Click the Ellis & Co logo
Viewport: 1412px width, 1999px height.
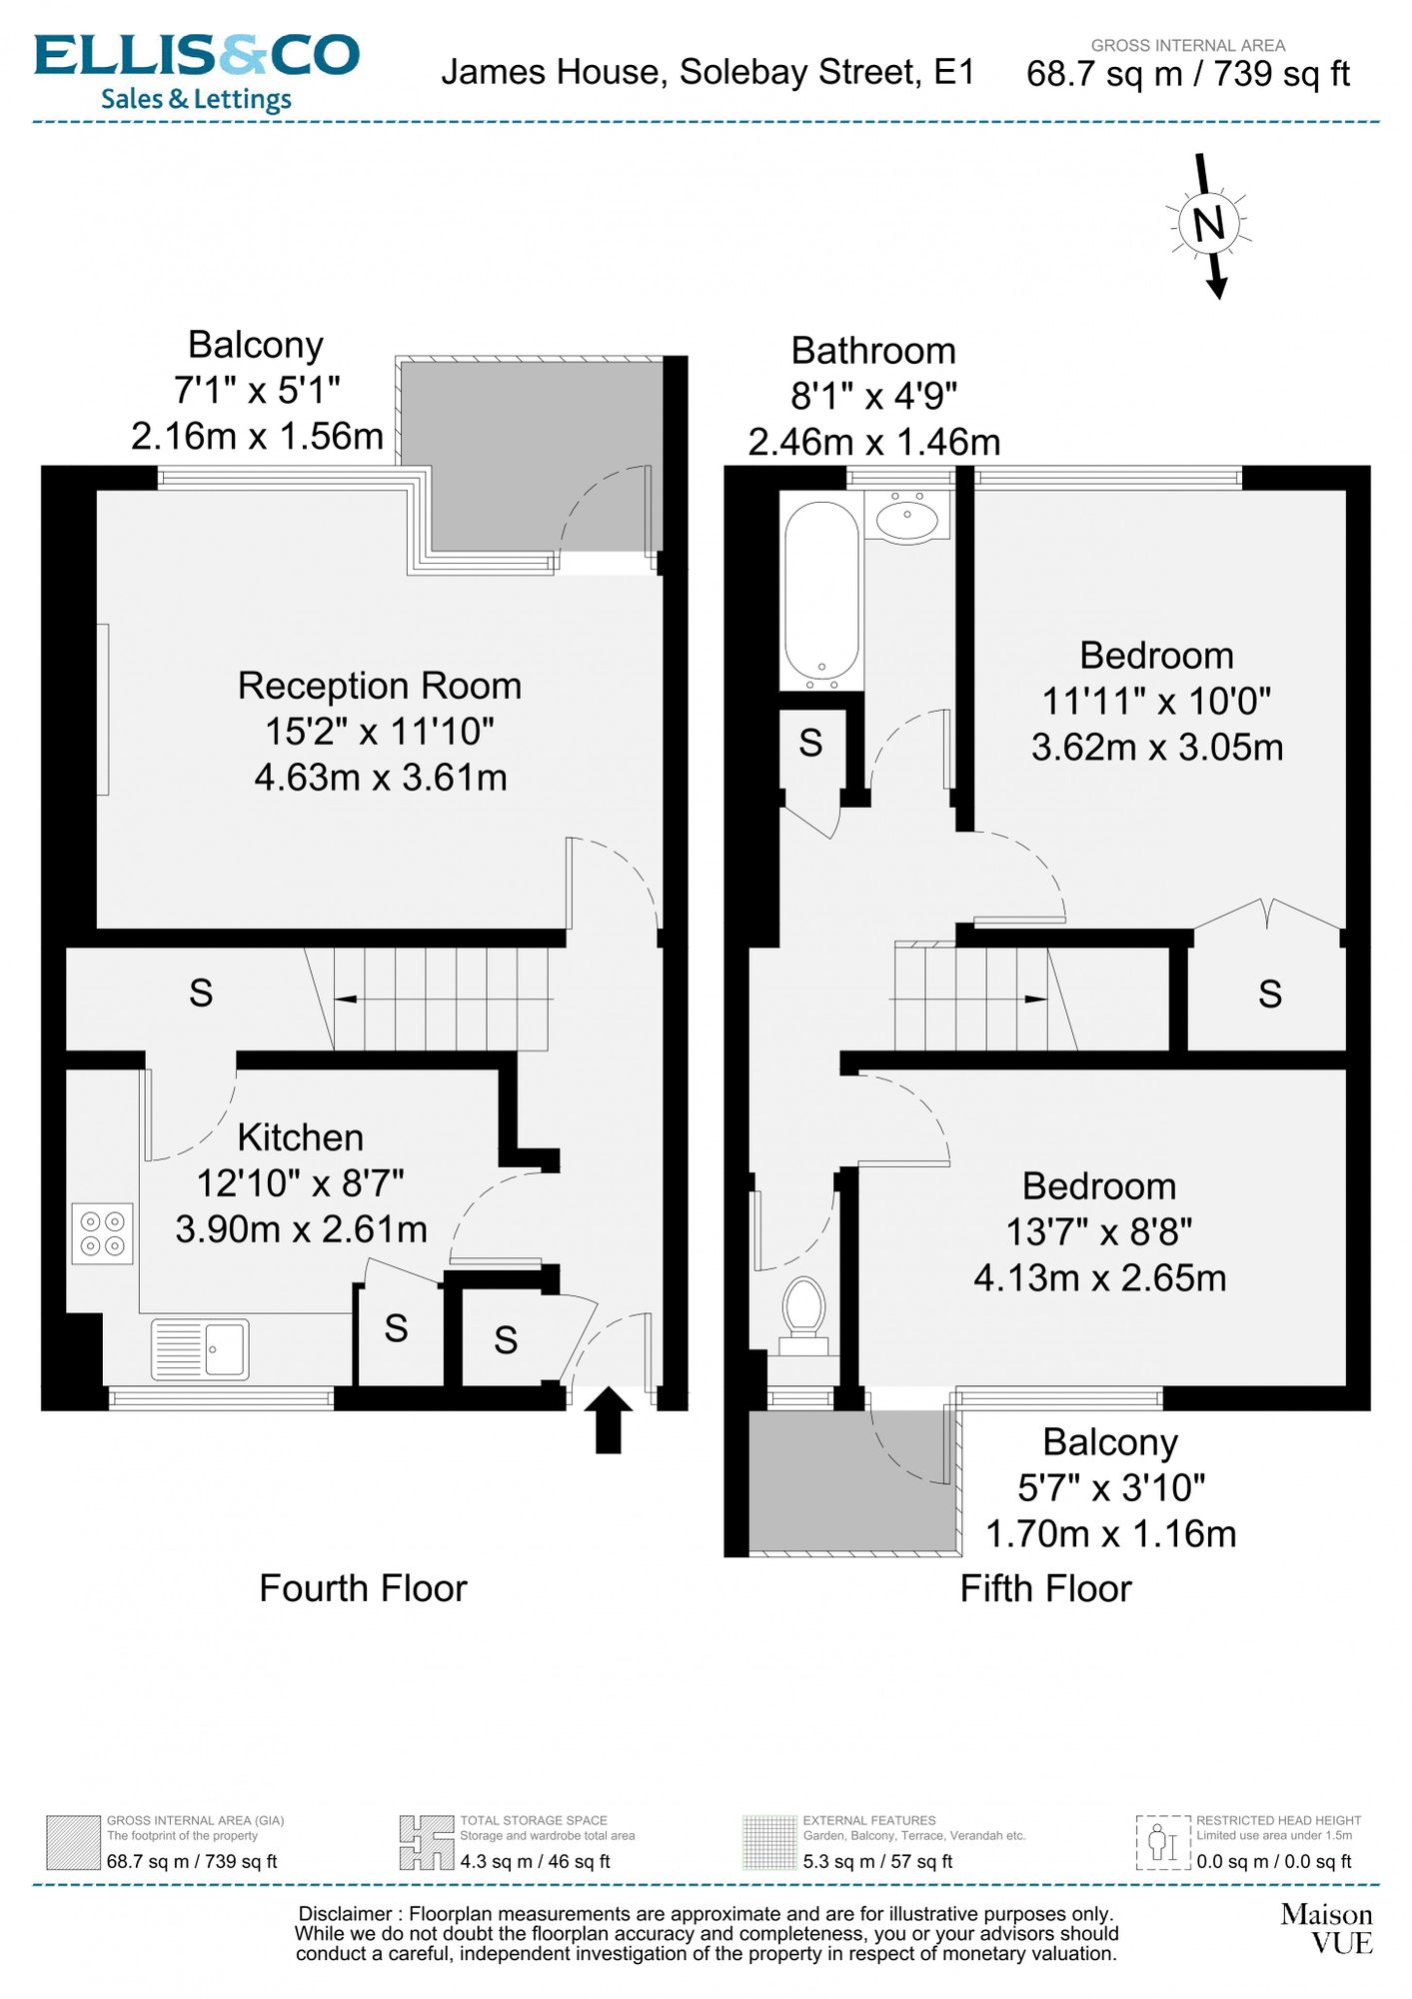197,72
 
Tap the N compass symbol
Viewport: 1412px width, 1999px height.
1209,224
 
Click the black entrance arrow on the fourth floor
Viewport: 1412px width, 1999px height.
608,1419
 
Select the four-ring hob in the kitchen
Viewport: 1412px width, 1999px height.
103,1232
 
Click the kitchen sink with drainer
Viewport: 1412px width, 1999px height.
200,1349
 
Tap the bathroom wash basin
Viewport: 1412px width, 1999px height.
907,517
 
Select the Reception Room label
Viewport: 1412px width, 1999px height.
380,686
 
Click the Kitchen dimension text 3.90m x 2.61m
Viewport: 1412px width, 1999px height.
301,1228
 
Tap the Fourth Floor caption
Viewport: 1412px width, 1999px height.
363,1588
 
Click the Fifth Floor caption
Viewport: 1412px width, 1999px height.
1045,1588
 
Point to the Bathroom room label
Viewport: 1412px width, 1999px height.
873,351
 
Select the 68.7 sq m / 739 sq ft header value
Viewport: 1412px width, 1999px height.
1188,74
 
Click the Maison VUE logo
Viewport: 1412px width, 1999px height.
1327,1928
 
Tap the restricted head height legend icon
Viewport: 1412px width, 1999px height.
1163,1842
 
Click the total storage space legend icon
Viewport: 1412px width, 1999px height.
427,1842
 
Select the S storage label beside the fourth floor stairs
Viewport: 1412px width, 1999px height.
201,993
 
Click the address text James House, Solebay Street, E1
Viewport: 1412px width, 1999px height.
707,73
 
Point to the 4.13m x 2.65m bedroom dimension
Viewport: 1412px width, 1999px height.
1099,1277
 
